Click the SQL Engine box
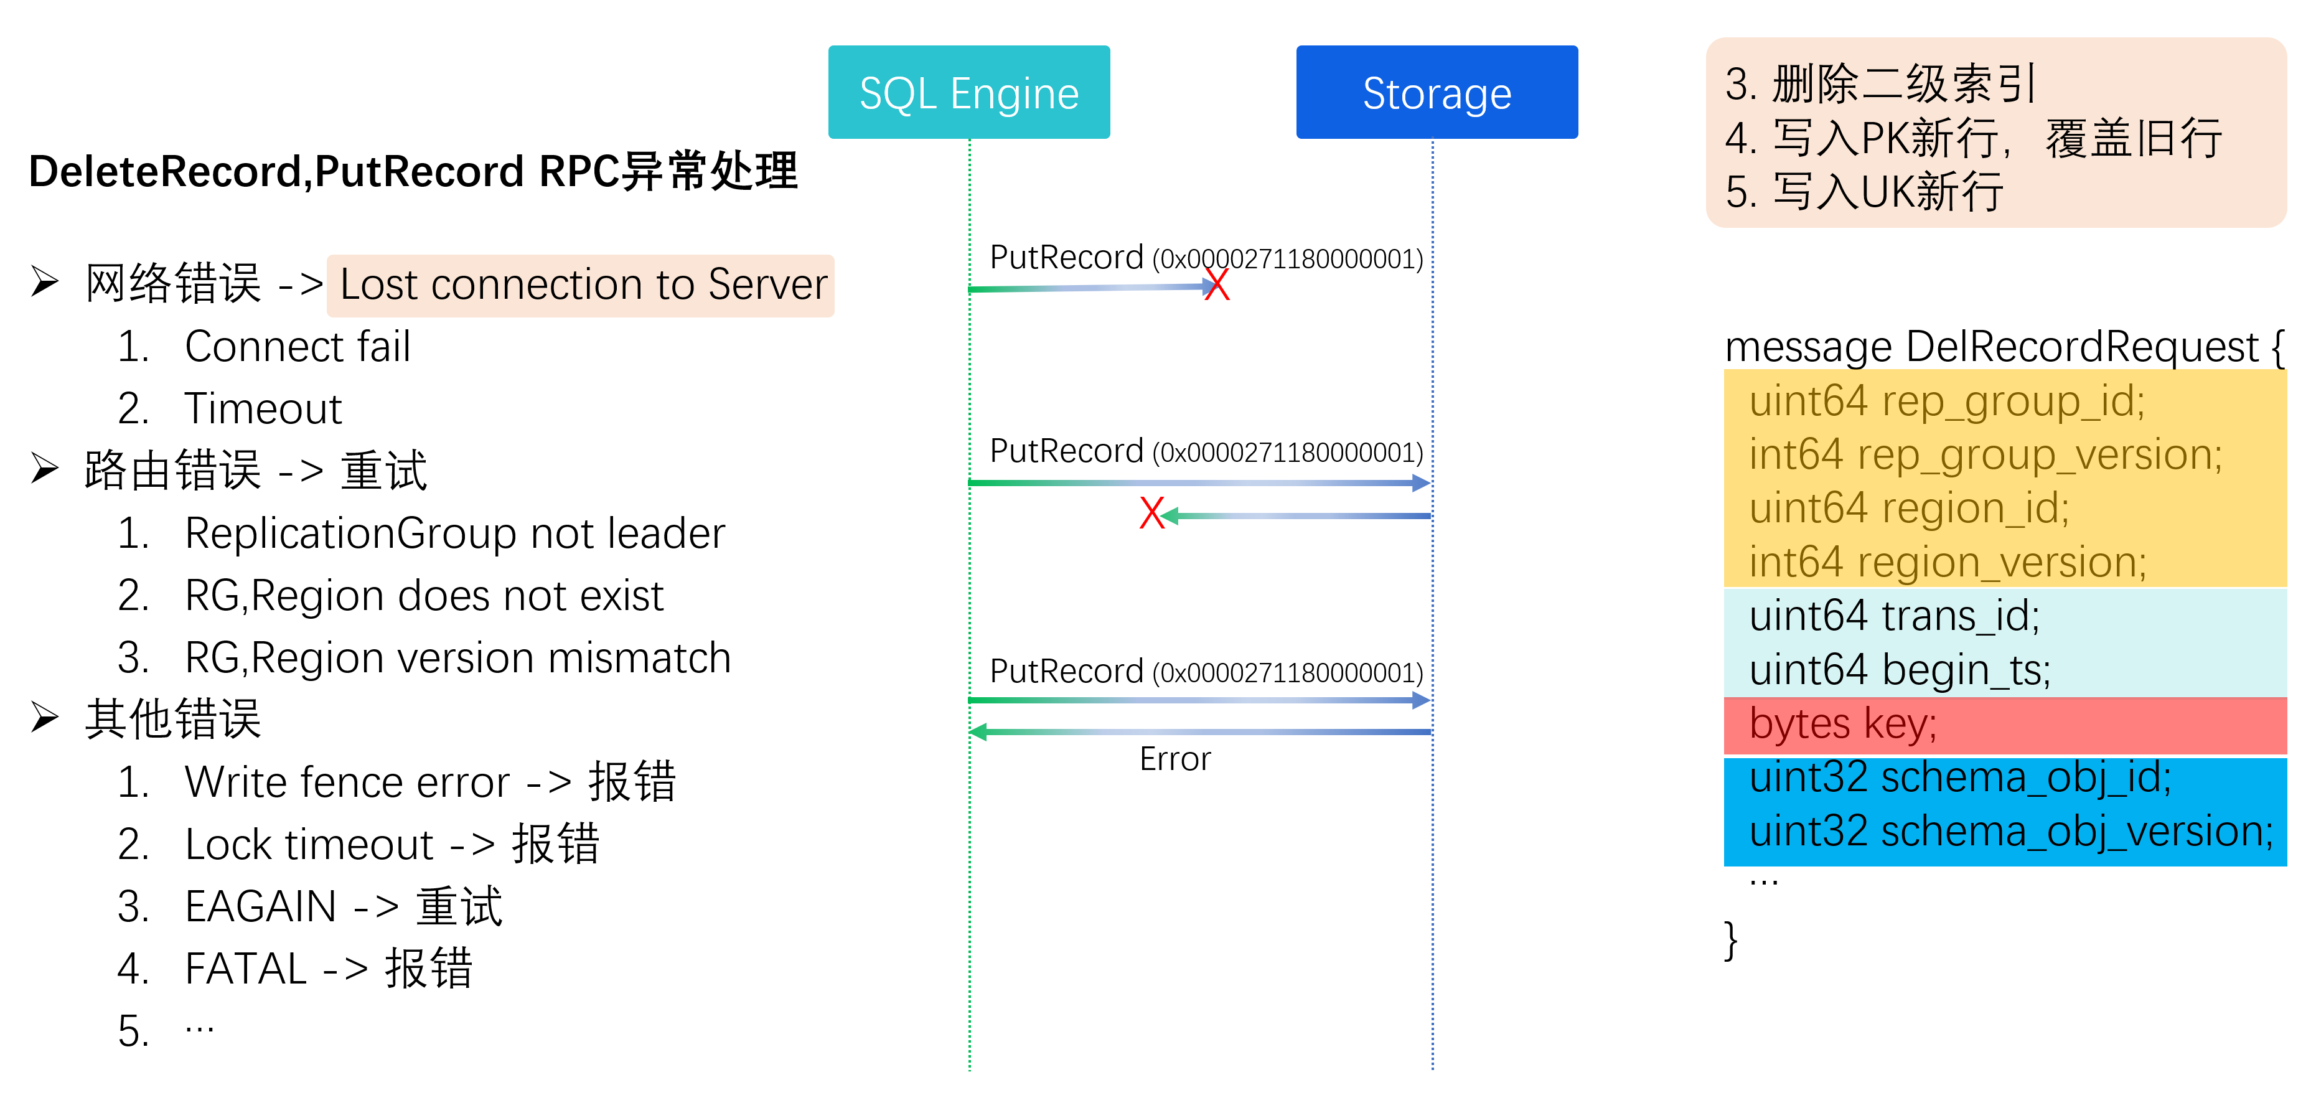(x=968, y=93)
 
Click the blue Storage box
(x=1436, y=93)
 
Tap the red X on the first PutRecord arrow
(x=1216, y=285)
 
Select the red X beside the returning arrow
(x=1151, y=514)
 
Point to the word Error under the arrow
(x=1174, y=759)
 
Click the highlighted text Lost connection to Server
(x=582, y=285)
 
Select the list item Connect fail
(x=297, y=347)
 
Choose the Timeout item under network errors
(x=263, y=409)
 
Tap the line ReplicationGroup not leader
(x=454, y=534)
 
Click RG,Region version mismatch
(x=457, y=658)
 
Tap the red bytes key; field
(x=1843, y=725)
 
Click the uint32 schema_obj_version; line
(x=2010, y=832)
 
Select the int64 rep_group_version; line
(x=1985, y=455)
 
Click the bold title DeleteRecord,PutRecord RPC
(x=412, y=171)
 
